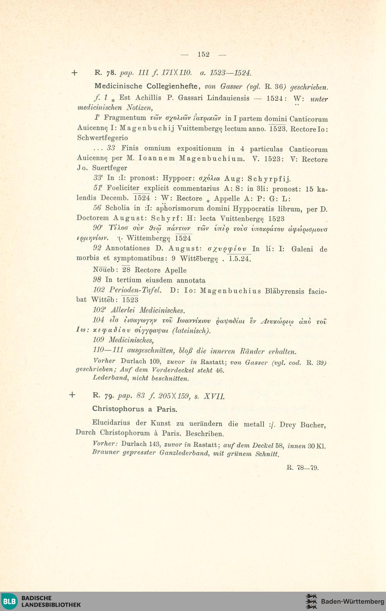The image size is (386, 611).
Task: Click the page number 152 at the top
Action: coord(203,54)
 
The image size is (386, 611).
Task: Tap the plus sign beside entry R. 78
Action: coord(74,73)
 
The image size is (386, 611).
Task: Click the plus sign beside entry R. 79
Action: coord(72,395)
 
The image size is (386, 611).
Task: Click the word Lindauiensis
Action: coord(228,98)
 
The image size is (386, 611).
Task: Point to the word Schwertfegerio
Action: coord(103,138)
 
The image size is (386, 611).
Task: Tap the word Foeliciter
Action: coord(123,188)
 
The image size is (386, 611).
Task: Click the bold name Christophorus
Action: coord(119,409)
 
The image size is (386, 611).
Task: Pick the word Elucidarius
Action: coord(111,423)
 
